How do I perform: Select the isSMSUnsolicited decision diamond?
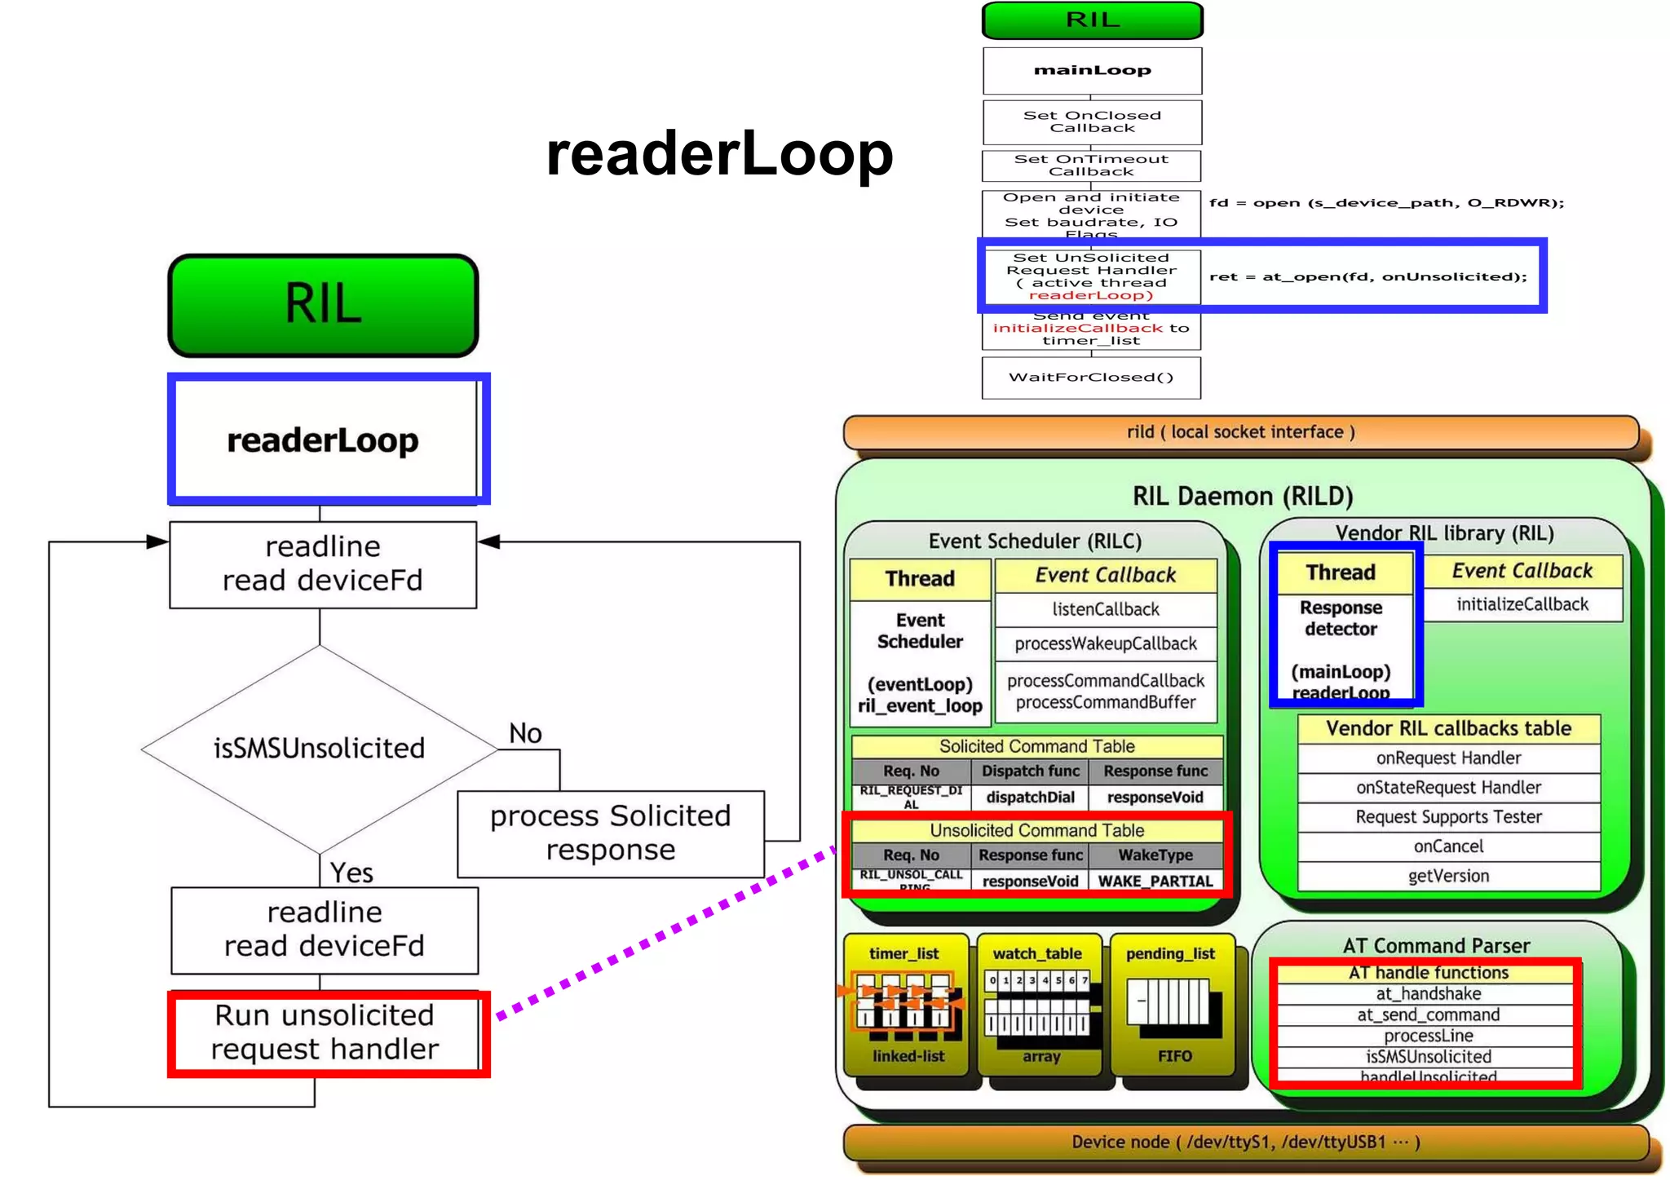click(x=319, y=748)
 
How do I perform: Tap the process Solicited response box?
click(x=610, y=833)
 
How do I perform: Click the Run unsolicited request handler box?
click(x=325, y=1032)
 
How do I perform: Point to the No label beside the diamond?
click(x=525, y=733)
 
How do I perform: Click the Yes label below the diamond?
click(x=351, y=873)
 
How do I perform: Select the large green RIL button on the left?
click(x=323, y=305)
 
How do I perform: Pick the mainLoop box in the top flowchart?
click(x=1092, y=70)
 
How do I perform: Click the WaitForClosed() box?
click(x=1091, y=378)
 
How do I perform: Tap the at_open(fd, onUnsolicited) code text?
click(x=1367, y=276)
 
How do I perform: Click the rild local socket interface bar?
click(x=1240, y=432)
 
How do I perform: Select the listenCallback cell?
click(x=1105, y=609)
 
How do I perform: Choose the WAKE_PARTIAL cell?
click(x=1155, y=881)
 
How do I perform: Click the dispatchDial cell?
click(x=1030, y=797)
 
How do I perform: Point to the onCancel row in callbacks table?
click(x=1448, y=846)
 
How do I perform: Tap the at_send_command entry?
click(x=1428, y=1014)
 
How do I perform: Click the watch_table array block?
click(x=1039, y=1005)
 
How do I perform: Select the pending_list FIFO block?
click(x=1173, y=1005)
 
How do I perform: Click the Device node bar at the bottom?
click(x=1245, y=1142)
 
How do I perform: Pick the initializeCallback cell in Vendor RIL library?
click(x=1522, y=604)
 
